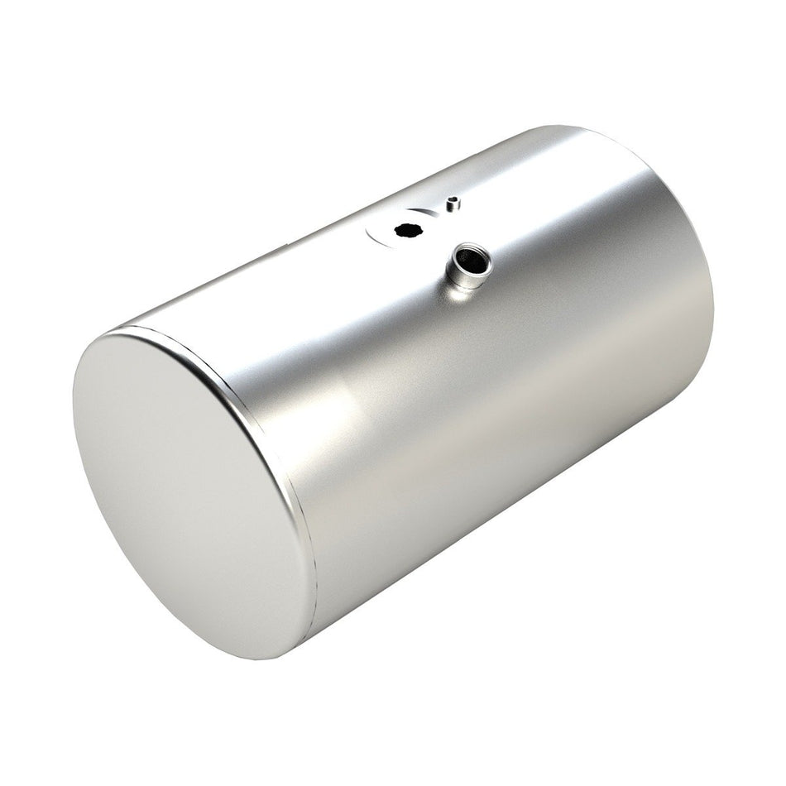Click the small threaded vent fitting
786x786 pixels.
coord(452,204)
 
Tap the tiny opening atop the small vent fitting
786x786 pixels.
coord(452,199)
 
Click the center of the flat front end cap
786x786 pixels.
coord(193,494)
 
